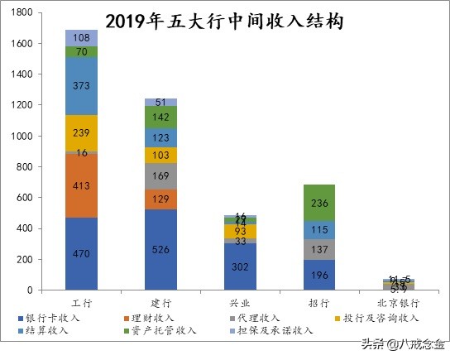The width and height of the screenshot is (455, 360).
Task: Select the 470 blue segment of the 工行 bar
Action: (x=82, y=254)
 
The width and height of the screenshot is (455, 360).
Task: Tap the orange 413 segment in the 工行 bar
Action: (x=82, y=186)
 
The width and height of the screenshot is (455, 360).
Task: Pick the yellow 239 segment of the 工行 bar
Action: (x=82, y=132)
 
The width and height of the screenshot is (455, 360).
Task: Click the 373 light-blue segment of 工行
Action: (x=82, y=86)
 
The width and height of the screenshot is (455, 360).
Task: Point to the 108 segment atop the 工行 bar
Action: (x=82, y=38)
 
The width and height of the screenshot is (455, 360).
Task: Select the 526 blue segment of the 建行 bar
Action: (x=160, y=249)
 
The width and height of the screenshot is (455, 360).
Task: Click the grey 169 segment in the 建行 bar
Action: (x=160, y=175)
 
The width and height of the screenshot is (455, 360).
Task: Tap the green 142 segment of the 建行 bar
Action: (x=160, y=117)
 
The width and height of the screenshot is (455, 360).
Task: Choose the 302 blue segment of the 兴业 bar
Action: (x=240, y=266)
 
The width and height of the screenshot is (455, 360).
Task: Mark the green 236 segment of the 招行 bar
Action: (x=318, y=202)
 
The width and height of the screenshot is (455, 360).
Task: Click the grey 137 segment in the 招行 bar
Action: (x=318, y=249)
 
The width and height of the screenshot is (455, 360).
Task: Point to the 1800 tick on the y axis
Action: (x=22, y=12)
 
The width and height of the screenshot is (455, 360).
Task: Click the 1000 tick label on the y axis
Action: (x=22, y=136)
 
